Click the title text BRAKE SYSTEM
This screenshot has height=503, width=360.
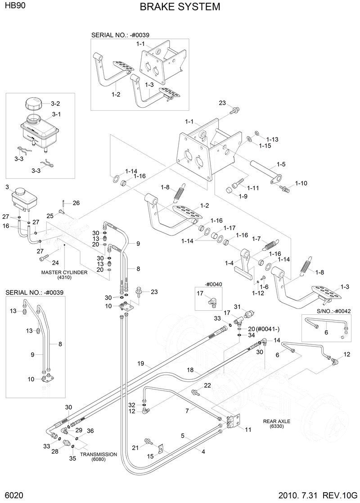180,7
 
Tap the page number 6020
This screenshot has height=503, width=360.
13,495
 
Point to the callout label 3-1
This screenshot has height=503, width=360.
56,114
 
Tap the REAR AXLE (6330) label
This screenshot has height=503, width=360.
277,424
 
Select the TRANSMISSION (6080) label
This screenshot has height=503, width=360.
98,457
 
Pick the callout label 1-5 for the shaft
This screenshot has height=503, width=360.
281,164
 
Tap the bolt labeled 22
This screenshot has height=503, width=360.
195,393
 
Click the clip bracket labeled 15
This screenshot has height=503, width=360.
161,449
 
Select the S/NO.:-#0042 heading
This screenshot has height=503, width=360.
333,311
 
